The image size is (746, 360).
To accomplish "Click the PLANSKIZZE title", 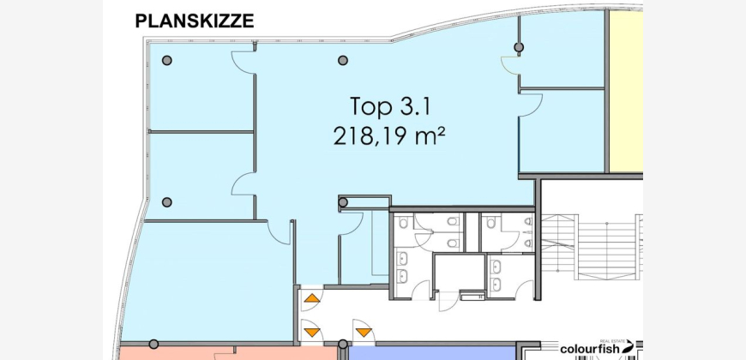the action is coord(194,21).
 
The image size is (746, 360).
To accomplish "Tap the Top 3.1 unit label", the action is coord(390,106).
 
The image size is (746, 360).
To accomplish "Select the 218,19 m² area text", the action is coord(389,137).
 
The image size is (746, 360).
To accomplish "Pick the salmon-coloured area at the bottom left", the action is coord(228,353).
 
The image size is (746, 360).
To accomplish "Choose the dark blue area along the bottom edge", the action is coord(432,353).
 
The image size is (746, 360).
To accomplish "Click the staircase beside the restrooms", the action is coord(592,248).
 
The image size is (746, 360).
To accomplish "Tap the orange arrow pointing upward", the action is coord(312,298).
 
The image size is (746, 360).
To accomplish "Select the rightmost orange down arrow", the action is coord(364,332).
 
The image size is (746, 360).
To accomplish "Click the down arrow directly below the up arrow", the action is coord(312,332).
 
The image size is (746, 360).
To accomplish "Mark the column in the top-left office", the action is coord(167,60).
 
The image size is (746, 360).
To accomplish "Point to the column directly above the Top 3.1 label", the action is coord(342,60).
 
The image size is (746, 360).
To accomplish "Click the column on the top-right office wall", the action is coord(519,47).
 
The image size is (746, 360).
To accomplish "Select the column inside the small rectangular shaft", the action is coord(343,202).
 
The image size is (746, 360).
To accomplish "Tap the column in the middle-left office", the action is coord(167,202).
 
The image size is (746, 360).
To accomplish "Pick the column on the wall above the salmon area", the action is coord(153,344).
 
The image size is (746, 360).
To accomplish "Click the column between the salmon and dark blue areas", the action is coord(342,344).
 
